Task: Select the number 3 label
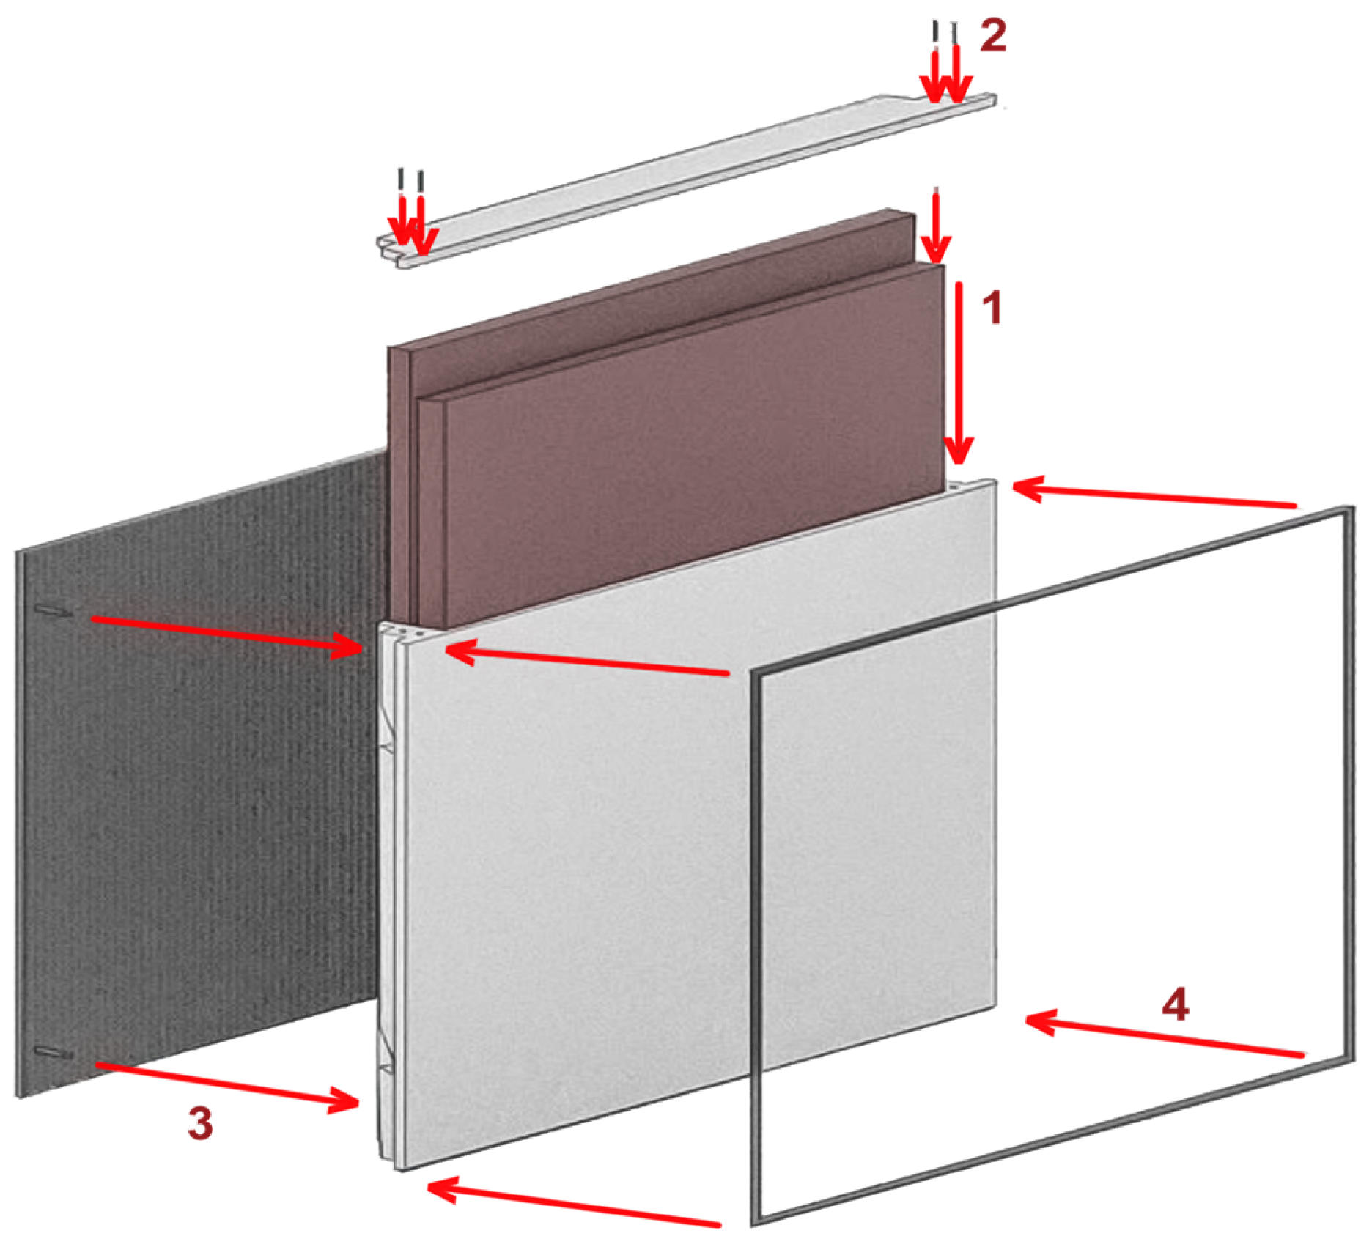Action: (x=200, y=1123)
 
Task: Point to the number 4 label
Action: (x=1175, y=1004)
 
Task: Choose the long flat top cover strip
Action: (x=687, y=180)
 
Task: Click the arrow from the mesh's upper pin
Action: (x=227, y=634)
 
